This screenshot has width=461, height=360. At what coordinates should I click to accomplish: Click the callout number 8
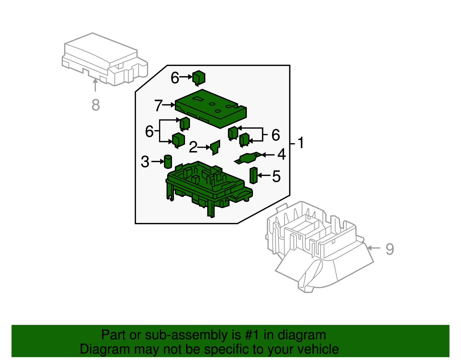click(96, 105)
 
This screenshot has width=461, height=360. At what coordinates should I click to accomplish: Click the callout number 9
click(390, 249)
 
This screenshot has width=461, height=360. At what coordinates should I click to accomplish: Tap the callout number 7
click(158, 105)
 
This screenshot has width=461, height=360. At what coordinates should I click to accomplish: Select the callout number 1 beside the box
click(301, 143)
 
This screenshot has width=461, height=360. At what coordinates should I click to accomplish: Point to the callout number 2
click(193, 147)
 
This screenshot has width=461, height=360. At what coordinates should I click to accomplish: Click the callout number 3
click(145, 162)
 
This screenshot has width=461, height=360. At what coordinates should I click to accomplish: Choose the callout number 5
click(276, 176)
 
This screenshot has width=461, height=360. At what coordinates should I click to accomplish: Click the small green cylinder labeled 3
click(168, 161)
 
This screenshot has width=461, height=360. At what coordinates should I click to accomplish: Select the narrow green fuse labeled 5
click(253, 175)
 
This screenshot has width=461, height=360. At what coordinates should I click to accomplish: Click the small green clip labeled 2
click(215, 147)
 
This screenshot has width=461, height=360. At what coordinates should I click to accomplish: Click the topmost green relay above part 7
click(199, 78)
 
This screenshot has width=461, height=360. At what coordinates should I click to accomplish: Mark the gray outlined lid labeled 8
click(104, 59)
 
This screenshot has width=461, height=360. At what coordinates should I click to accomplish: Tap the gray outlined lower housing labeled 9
click(317, 245)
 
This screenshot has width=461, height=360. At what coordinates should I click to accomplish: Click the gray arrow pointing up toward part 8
click(95, 85)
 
